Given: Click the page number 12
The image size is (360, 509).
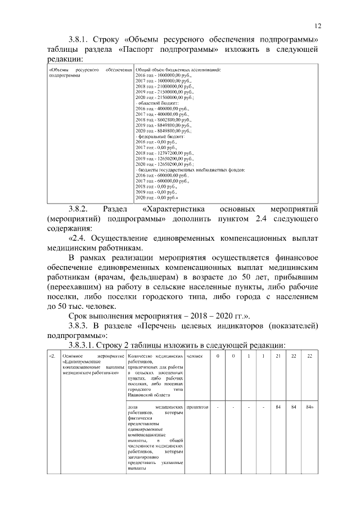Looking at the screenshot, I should tap(318, 26).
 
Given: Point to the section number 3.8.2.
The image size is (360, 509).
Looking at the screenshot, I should tap(80, 208).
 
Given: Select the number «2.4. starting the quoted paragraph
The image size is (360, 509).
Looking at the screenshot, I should tap(78, 238).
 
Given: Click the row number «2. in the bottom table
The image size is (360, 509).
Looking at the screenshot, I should tap(53, 356).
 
